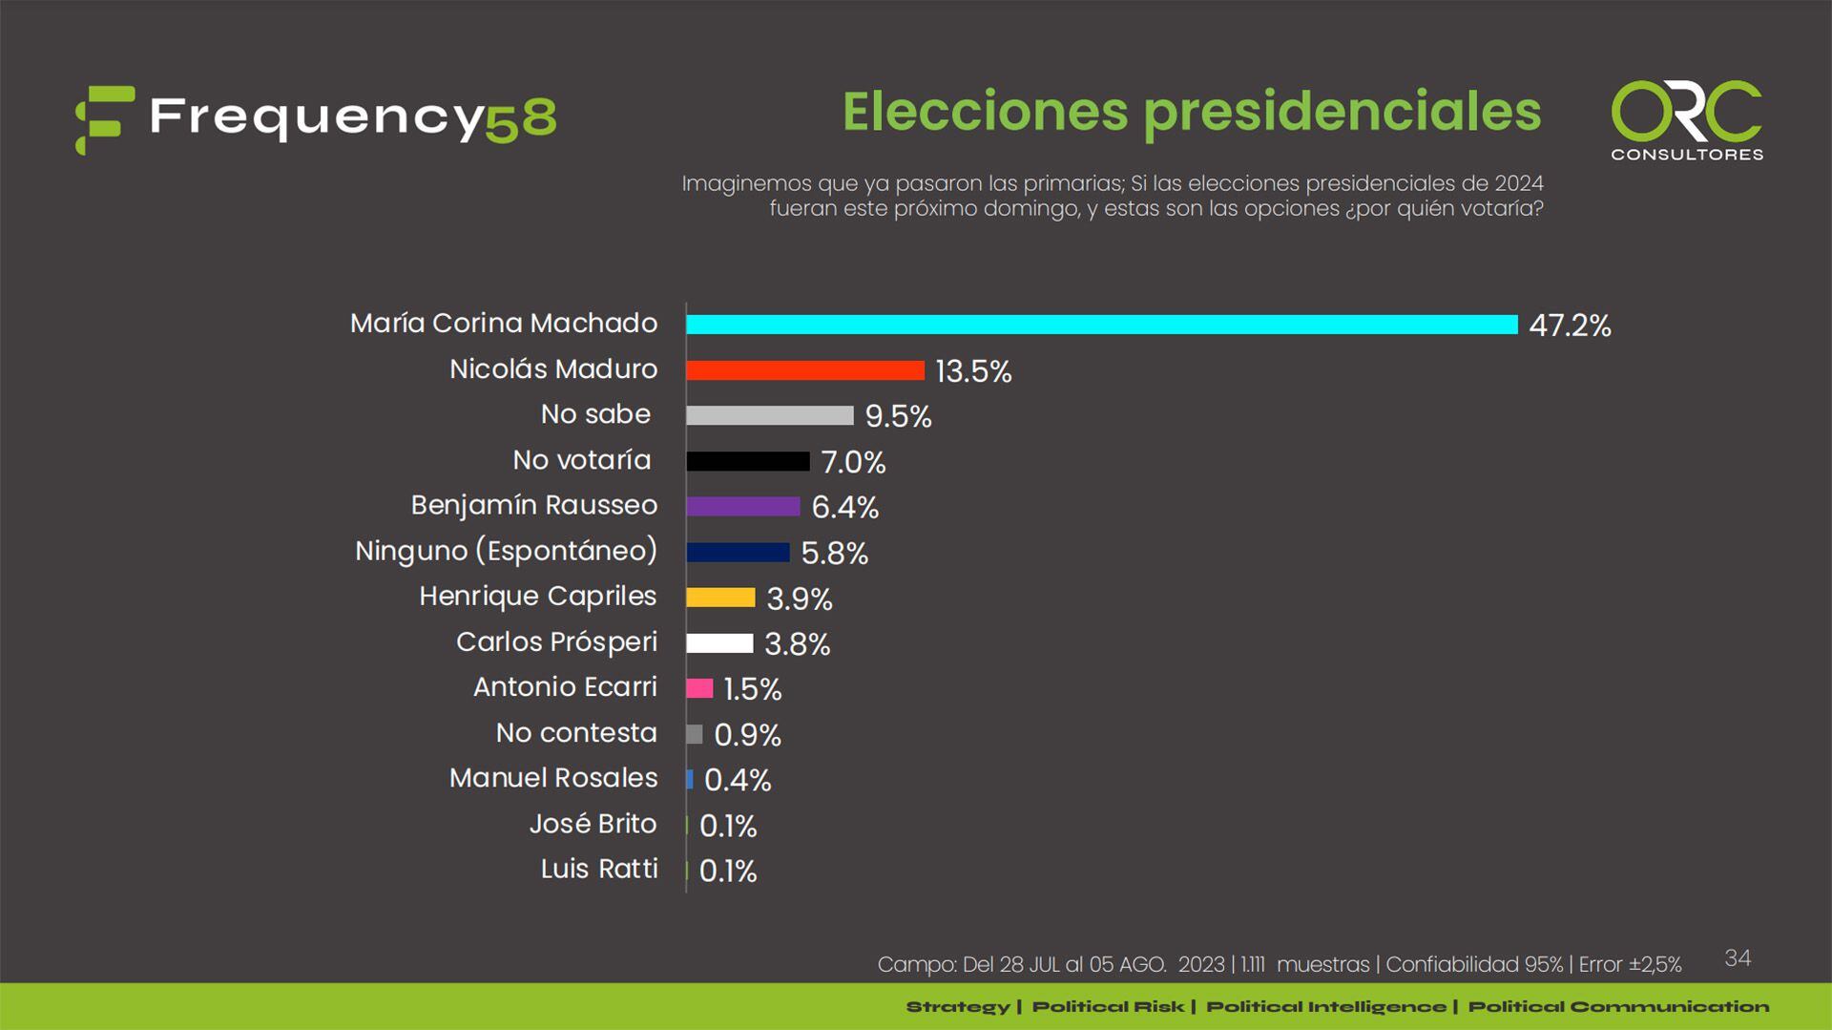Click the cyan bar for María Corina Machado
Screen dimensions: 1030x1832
(1101, 325)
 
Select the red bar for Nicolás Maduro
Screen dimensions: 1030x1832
(805, 370)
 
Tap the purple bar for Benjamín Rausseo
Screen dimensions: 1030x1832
(742, 507)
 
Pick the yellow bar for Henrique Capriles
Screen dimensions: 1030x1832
(720, 598)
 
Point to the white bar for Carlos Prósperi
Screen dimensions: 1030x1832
(719, 643)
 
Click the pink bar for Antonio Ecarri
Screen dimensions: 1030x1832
(699, 688)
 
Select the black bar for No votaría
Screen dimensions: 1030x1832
(747, 461)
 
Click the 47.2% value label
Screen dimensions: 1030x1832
(1570, 326)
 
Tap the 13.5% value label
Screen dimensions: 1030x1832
(973, 371)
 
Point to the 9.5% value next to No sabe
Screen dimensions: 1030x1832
(898, 416)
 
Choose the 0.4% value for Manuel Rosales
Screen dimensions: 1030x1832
(738, 780)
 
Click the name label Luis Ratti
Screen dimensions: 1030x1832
(599, 869)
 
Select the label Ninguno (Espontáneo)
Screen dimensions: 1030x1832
(506, 551)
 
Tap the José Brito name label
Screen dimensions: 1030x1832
(593, 823)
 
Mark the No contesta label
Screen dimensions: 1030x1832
(576, 732)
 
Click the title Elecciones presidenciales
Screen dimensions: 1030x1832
(1192, 111)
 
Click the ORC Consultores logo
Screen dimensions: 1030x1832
(1686, 120)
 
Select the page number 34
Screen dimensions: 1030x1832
(1738, 957)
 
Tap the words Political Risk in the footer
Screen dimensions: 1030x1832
(1108, 1006)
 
